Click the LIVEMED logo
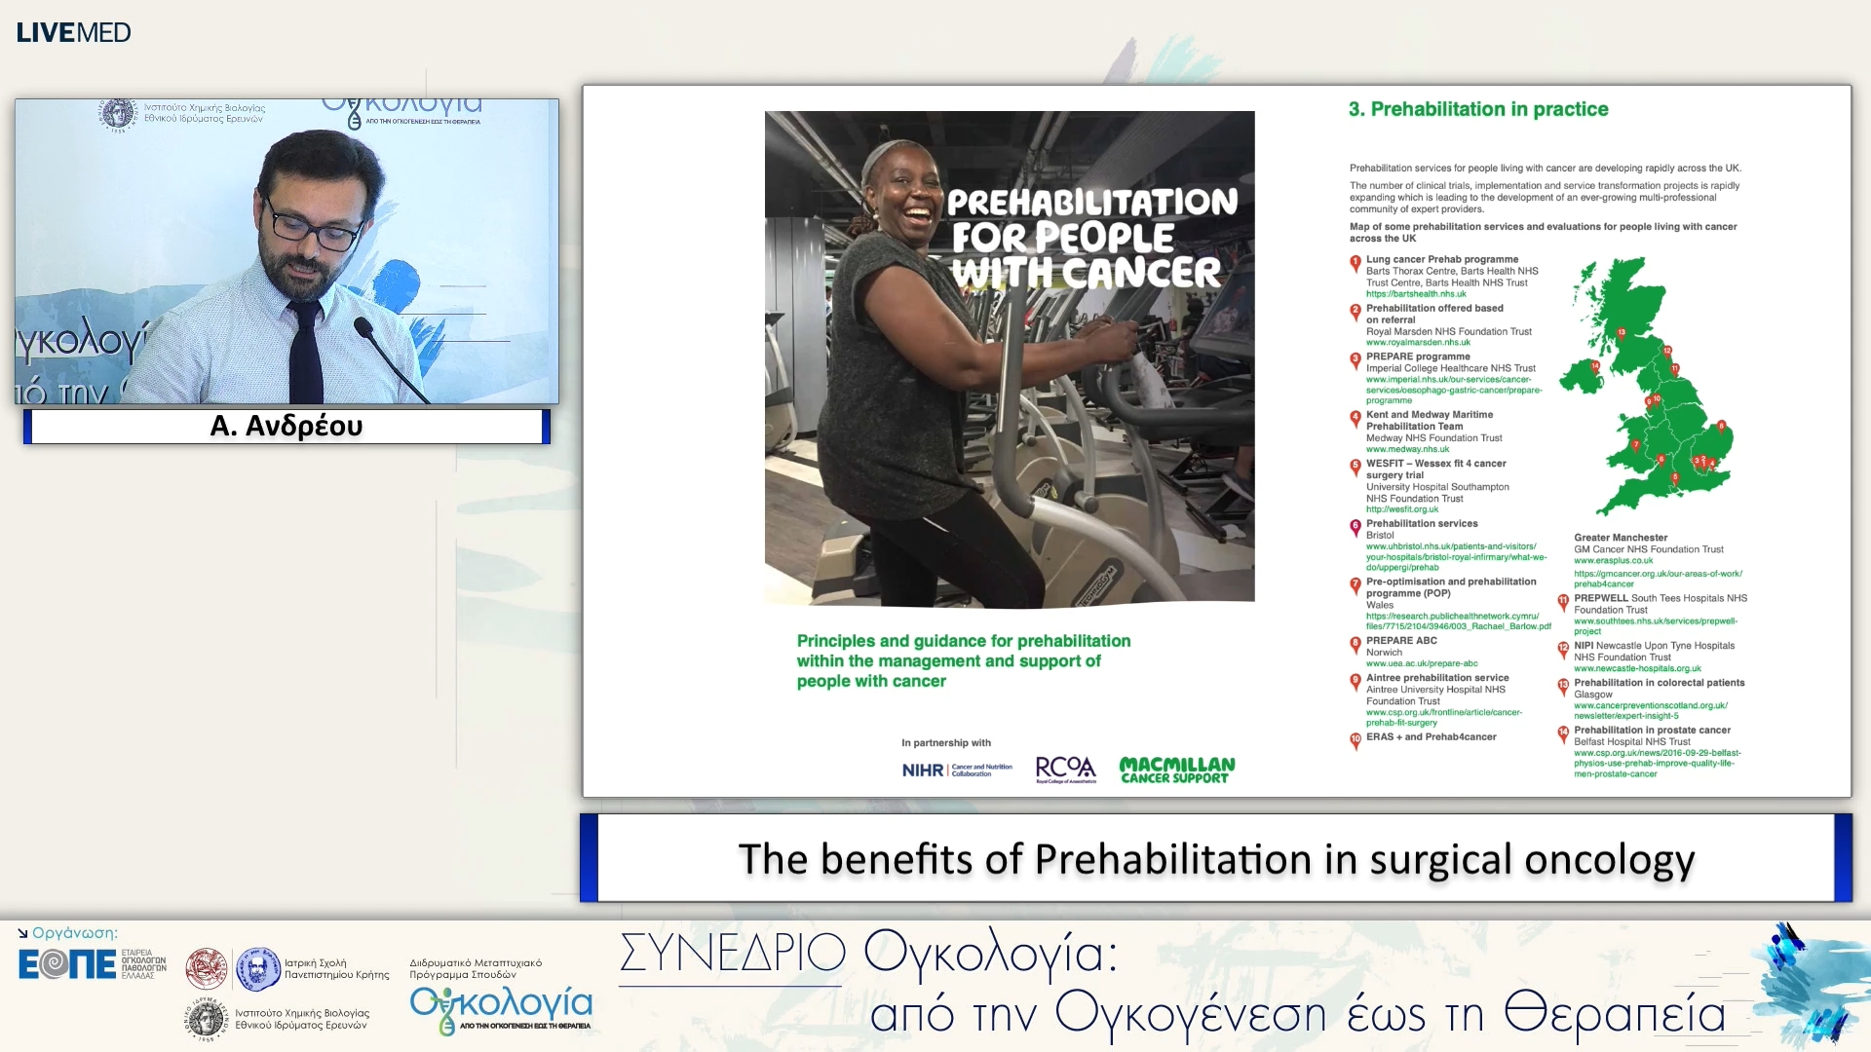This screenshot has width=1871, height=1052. point(73,32)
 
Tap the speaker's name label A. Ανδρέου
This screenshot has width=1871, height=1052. point(286,426)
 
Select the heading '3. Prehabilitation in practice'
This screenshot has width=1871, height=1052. point(1477,109)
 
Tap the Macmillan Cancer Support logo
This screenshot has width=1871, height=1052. point(1176,770)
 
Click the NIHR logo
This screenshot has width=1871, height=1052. point(923,770)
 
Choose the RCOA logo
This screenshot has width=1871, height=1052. point(1065,770)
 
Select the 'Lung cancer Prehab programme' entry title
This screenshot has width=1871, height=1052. point(1441,260)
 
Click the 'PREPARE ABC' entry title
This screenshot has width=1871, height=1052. point(1401,641)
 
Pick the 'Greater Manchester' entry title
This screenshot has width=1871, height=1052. point(1621,538)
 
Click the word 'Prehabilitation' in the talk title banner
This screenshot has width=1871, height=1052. point(1171,859)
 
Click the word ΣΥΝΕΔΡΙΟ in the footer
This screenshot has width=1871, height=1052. point(732,953)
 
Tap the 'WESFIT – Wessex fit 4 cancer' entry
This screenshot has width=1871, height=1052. point(1435,464)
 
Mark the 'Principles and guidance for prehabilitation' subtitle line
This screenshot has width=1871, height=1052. point(963,641)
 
